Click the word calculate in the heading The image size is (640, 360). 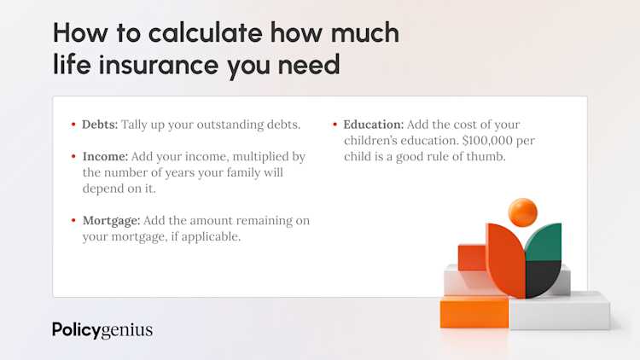pyautogui.click(x=206, y=32)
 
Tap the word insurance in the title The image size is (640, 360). pyautogui.click(x=159, y=65)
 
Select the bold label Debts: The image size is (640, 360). pyautogui.click(x=100, y=125)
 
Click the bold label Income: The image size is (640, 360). pyautogui.click(x=105, y=156)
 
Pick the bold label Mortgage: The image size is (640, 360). pyautogui.click(x=111, y=221)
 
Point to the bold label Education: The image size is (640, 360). pyautogui.click(x=373, y=125)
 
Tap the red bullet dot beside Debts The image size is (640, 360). pyautogui.click(x=73, y=124)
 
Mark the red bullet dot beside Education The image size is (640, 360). pyautogui.click(x=335, y=124)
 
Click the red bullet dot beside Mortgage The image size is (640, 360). pyautogui.click(x=73, y=220)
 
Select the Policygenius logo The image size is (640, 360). pyautogui.click(x=102, y=330)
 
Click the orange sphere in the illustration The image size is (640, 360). pyautogui.click(x=522, y=212)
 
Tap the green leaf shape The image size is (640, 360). pyautogui.click(x=544, y=241)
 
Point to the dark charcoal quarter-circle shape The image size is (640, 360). pyautogui.click(x=541, y=277)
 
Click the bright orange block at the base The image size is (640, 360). pyautogui.click(x=474, y=312)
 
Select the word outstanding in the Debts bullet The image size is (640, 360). pyautogui.click(x=230, y=125)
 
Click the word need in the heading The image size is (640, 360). pyautogui.click(x=309, y=65)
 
